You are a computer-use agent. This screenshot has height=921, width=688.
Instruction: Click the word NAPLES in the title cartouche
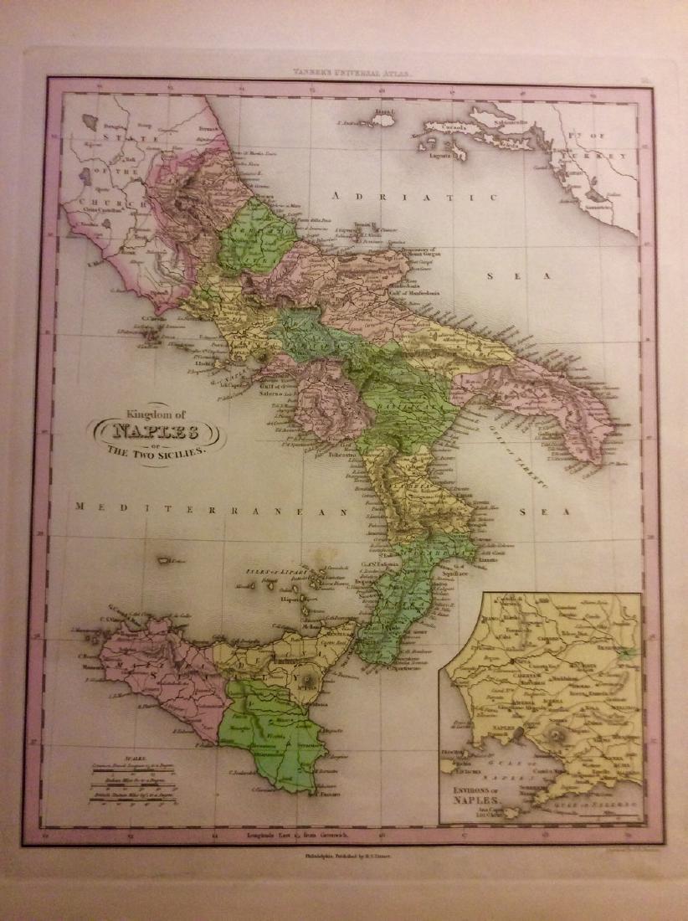click(151, 433)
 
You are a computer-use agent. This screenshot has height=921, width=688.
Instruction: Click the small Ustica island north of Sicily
click(173, 560)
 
